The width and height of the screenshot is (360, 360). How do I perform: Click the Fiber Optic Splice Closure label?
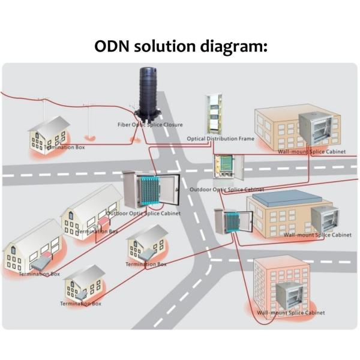(149, 125)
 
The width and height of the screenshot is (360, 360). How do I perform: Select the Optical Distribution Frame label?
(220, 139)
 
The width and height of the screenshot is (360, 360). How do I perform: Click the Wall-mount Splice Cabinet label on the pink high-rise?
(291, 313)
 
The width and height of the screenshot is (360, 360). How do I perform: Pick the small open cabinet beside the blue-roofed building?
(227, 221)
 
